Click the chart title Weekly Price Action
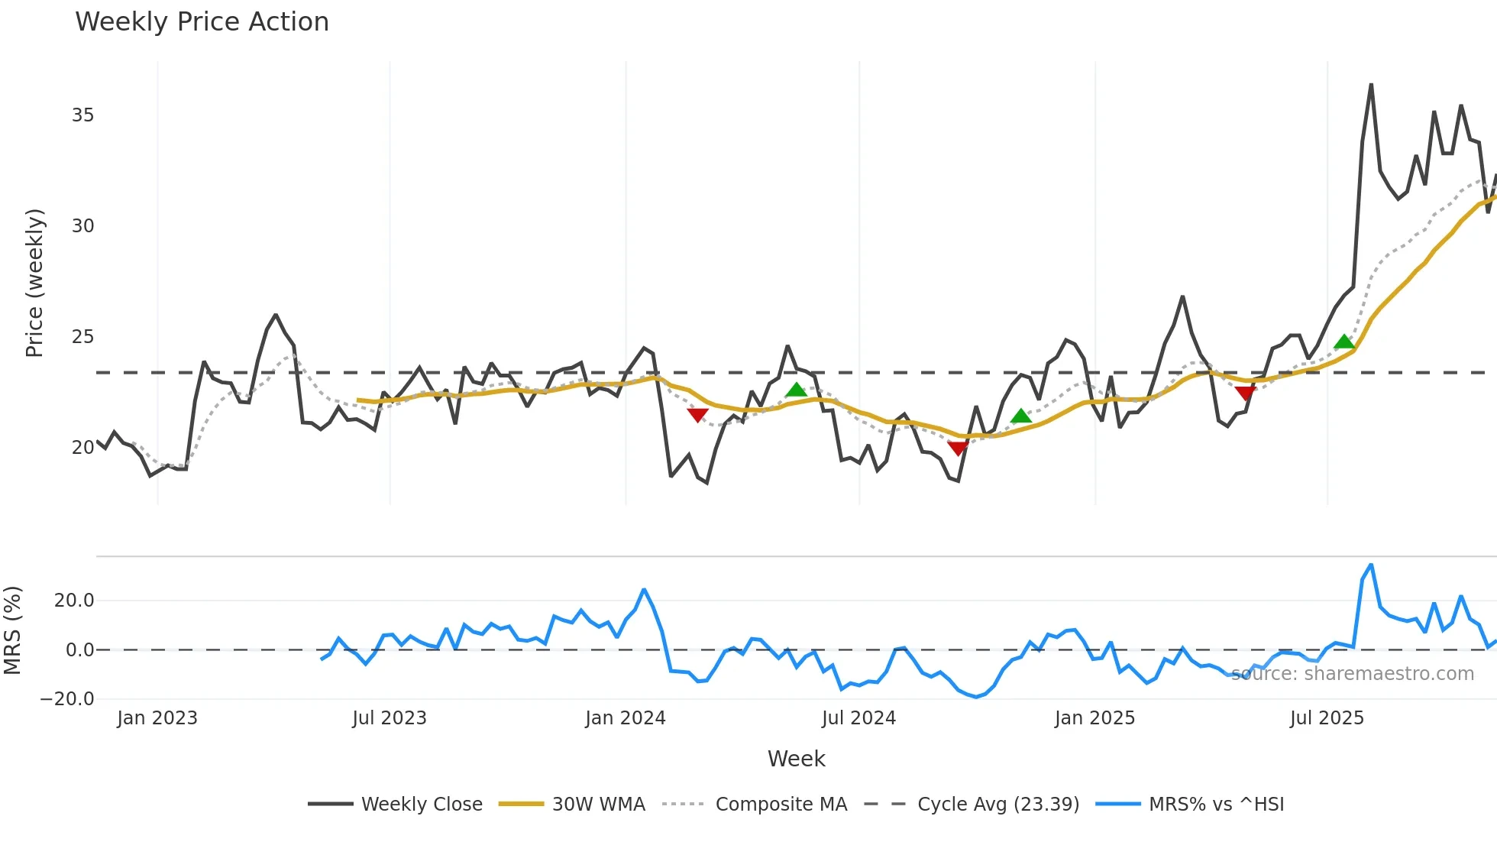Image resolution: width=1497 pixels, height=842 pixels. [202, 22]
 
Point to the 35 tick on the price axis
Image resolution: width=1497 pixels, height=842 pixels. [82, 115]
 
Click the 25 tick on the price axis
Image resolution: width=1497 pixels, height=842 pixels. [82, 337]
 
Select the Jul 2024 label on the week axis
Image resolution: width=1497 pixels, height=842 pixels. [858, 718]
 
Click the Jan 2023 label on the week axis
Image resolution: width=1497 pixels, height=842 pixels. [157, 718]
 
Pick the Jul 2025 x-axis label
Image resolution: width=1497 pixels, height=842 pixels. [1327, 718]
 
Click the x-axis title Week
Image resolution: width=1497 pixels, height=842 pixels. [796, 759]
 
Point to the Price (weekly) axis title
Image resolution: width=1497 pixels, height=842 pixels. [35, 283]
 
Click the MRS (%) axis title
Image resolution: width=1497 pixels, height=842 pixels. [13, 630]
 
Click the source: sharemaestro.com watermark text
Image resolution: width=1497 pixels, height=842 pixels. [1352, 674]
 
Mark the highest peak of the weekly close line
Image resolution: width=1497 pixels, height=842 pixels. [1371, 85]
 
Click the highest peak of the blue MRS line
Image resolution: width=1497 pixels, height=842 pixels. [1371, 565]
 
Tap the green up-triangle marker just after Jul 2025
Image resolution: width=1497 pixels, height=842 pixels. [1344, 342]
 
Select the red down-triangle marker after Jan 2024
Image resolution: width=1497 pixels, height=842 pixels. [697, 415]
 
